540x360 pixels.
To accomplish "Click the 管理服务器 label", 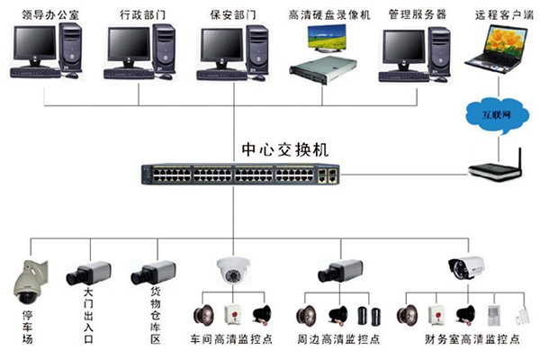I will point(417,15).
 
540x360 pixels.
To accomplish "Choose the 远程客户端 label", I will point(497,15).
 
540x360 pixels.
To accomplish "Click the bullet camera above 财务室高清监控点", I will point(466,266).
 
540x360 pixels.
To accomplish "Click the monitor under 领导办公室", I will point(31,43).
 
